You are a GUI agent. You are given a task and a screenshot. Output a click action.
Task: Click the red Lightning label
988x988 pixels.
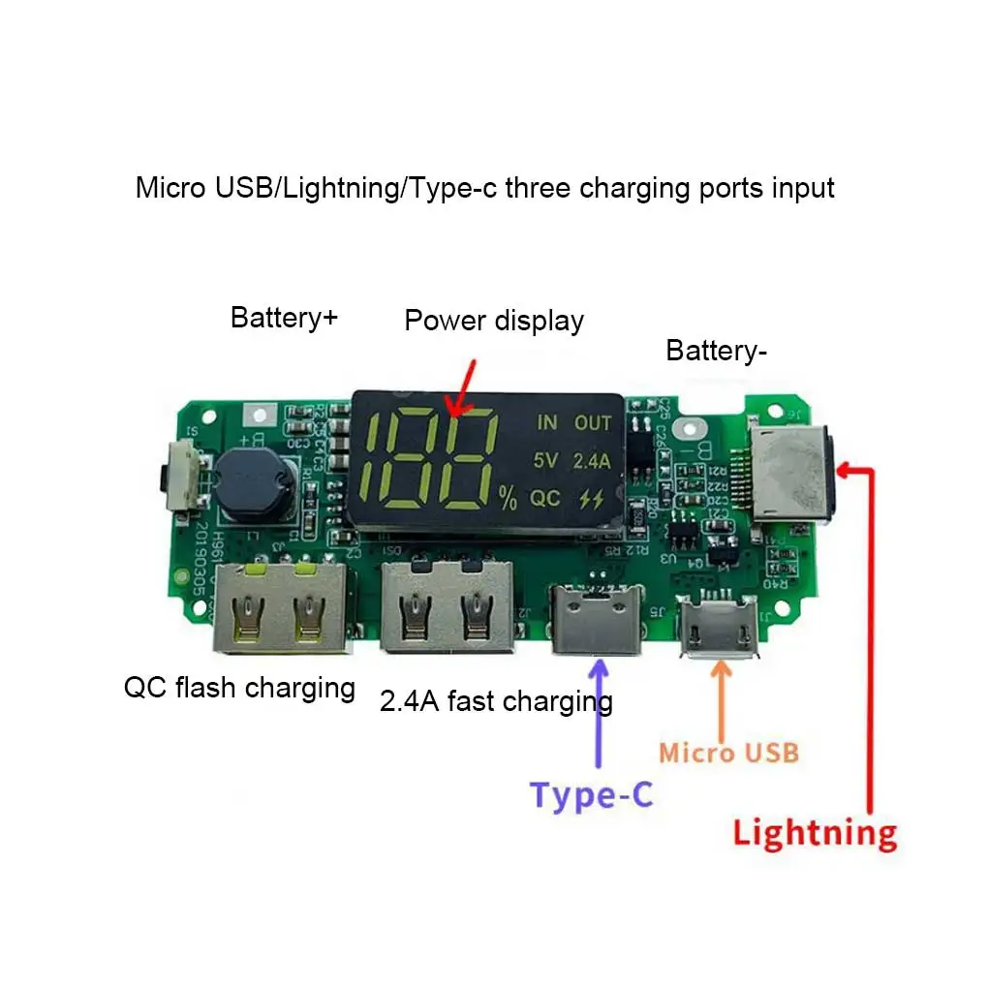(815, 833)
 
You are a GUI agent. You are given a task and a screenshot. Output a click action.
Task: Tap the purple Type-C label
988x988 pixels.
(592, 795)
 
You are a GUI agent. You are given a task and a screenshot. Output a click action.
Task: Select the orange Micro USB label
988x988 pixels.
(728, 753)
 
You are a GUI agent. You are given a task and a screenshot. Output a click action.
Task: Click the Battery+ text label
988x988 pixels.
(284, 317)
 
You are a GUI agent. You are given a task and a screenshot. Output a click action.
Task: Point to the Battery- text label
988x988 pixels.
(716, 351)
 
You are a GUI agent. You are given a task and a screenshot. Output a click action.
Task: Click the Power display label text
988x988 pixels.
(494, 321)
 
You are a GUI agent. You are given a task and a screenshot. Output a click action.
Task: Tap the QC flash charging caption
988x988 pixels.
(239, 688)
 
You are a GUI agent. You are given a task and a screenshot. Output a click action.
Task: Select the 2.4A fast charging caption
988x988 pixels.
(496, 700)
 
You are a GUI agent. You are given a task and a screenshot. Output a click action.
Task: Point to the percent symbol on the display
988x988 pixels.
(509, 499)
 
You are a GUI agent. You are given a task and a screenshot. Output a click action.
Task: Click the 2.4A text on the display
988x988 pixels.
(591, 461)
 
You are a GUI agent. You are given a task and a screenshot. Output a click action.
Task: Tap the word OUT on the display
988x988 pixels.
(593, 423)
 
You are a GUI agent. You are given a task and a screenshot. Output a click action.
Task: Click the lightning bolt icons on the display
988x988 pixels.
(589, 499)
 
